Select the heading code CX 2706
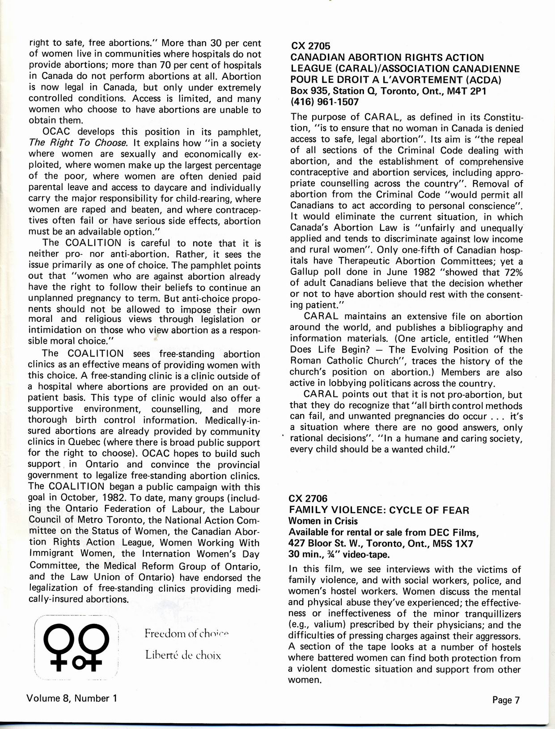pos(308,499)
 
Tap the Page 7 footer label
pos(506,700)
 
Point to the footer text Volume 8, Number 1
pos(72,698)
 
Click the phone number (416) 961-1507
pos(324,102)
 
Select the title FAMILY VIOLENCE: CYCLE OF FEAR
pos(379,510)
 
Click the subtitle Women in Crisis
pos(323,521)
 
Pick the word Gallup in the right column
pos(305,273)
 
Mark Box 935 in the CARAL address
pos(308,91)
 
